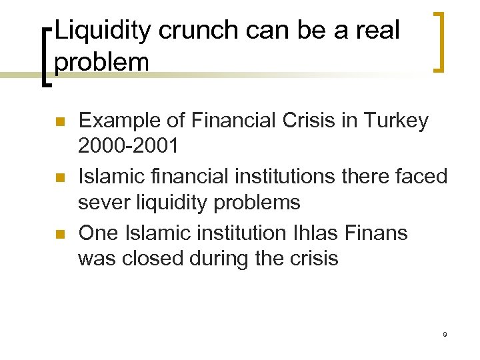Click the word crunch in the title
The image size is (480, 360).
pyautogui.click(x=204, y=31)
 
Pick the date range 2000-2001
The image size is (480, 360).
pyautogui.click(x=128, y=145)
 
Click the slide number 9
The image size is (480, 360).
pyautogui.click(x=444, y=333)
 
